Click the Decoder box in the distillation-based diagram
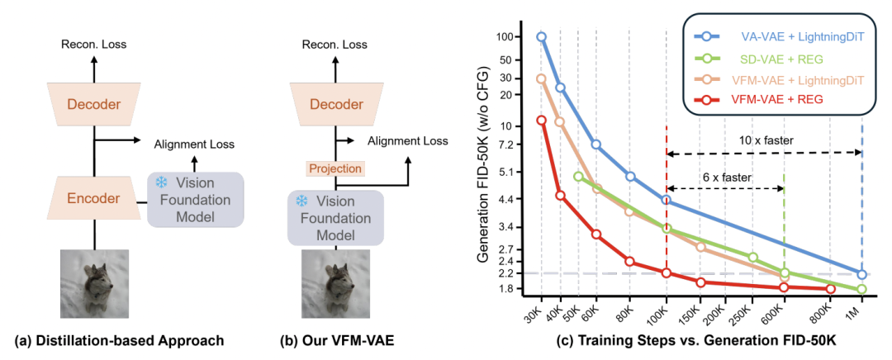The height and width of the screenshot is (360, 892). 93,105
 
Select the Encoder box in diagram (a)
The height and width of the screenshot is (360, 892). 93,198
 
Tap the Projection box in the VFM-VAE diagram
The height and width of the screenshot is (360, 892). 335,168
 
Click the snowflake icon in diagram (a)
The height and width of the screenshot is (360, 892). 161,182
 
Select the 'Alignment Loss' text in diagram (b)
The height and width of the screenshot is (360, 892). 407,141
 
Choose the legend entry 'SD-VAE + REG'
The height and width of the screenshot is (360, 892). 776,59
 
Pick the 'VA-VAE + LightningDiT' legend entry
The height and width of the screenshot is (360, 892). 776,38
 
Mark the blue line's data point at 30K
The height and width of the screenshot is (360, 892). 542,37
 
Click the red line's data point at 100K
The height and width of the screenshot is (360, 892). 666,273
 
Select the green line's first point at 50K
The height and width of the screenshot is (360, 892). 578,177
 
